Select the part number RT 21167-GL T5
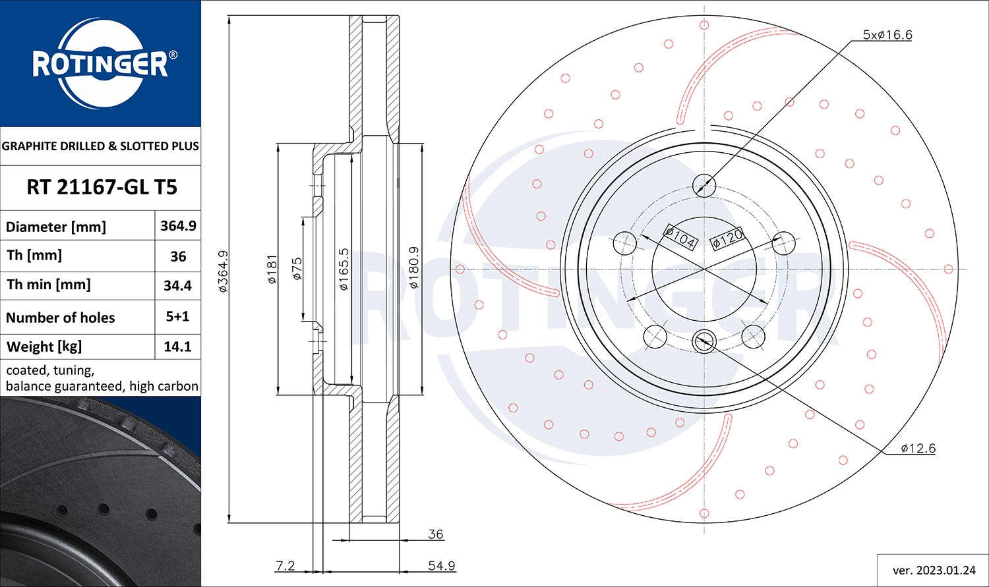[102, 188]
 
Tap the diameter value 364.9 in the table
[178, 226]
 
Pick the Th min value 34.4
[177, 286]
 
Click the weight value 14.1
[177, 347]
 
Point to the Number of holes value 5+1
[177, 316]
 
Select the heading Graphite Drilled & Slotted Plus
[100, 146]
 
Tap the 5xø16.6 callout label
[887, 35]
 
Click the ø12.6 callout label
[918, 449]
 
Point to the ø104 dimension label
[680, 238]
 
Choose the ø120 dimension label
[727, 238]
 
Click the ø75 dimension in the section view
[297, 269]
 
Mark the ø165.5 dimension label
[344, 269]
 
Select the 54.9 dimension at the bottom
[441, 566]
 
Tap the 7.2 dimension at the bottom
[285, 566]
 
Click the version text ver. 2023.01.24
[933, 570]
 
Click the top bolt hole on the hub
[704, 184]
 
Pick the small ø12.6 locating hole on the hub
[704, 341]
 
